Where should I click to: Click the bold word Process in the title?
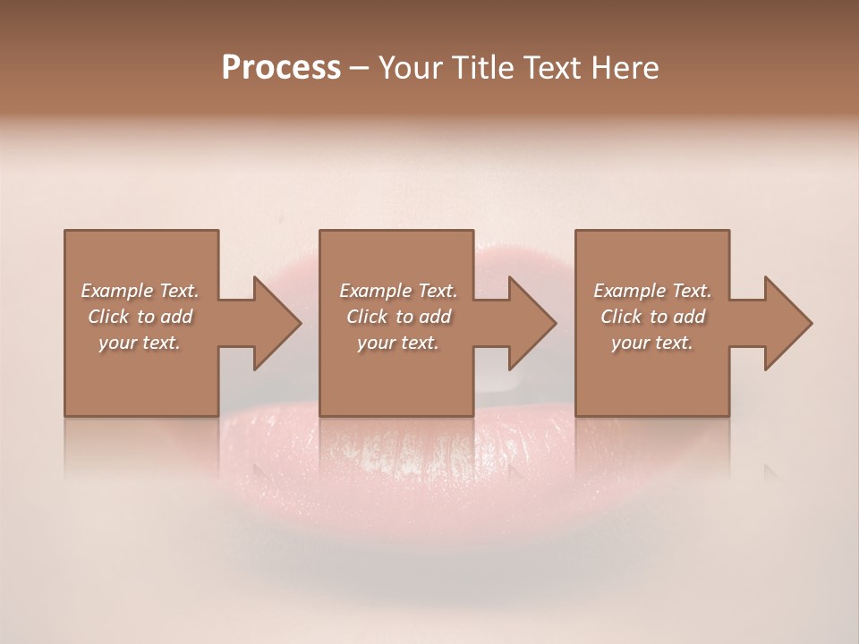pyautogui.click(x=281, y=68)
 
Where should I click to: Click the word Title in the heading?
pyautogui.click(x=477, y=68)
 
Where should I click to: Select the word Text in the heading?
pyautogui.click(x=551, y=68)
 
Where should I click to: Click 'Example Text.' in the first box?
pyautogui.click(x=140, y=291)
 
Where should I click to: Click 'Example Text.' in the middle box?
pyautogui.click(x=398, y=291)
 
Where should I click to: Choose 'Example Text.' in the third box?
pyautogui.click(x=652, y=291)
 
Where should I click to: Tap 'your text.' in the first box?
pyautogui.click(x=140, y=343)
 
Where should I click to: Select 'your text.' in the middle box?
pyautogui.click(x=398, y=343)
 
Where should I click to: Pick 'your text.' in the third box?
pyautogui.click(x=652, y=343)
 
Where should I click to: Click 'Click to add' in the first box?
pyautogui.click(x=140, y=317)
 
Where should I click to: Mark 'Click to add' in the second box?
pyautogui.click(x=398, y=317)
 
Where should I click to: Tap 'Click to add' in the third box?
pyautogui.click(x=652, y=317)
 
